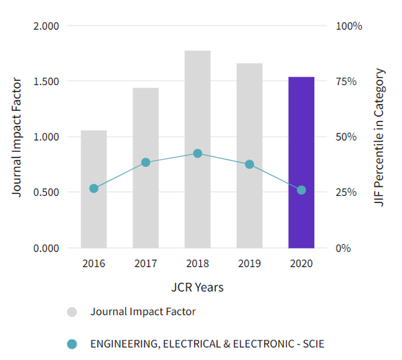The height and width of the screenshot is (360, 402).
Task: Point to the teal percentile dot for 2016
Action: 94,188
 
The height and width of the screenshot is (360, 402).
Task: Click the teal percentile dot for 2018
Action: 198,154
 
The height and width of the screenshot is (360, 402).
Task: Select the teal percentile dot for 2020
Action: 301,190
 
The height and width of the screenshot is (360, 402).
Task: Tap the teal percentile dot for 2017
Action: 145,162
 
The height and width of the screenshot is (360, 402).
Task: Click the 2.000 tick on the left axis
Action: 46,26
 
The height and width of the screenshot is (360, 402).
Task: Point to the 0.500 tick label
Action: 46,192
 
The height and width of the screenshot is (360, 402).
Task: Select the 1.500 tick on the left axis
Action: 46,82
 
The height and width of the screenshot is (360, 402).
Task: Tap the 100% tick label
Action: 349,26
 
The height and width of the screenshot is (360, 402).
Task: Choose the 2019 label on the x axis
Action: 249,263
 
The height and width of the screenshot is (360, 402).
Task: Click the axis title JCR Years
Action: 197,288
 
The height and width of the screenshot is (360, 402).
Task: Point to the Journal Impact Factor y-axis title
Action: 17,137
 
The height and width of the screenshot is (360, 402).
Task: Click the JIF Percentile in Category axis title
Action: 380,137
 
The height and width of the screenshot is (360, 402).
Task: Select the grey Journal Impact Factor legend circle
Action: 72,312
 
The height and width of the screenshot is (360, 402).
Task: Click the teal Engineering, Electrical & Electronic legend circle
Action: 72,344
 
